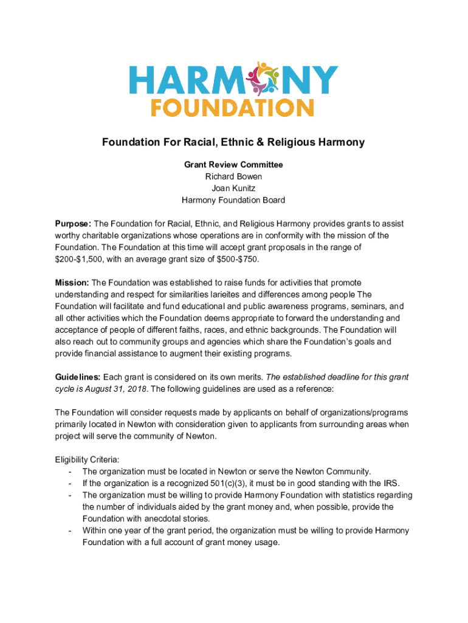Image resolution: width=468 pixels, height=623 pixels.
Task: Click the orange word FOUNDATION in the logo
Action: pyautogui.click(x=232, y=108)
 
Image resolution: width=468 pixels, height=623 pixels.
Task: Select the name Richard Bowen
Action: pyautogui.click(x=233, y=176)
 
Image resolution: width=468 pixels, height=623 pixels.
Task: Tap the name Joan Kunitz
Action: pyautogui.click(x=233, y=188)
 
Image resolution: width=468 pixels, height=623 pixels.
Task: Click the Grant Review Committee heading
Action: pyautogui.click(x=233, y=165)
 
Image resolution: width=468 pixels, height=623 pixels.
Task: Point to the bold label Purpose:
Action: pyautogui.click(x=74, y=224)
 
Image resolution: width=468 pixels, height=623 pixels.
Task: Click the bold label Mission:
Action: pyautogui.click(x=72, y=282)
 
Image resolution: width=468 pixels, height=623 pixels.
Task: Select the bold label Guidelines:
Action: pyautogui.click(x=78, y=377)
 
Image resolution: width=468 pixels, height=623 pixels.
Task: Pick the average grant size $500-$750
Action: pyautogui.click(x=232, y=259)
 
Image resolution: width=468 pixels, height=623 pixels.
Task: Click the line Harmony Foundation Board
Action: pyautogui.click(x=233, y=200)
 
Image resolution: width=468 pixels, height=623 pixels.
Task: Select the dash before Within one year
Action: pyautogui.click(x=71, y=531)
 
